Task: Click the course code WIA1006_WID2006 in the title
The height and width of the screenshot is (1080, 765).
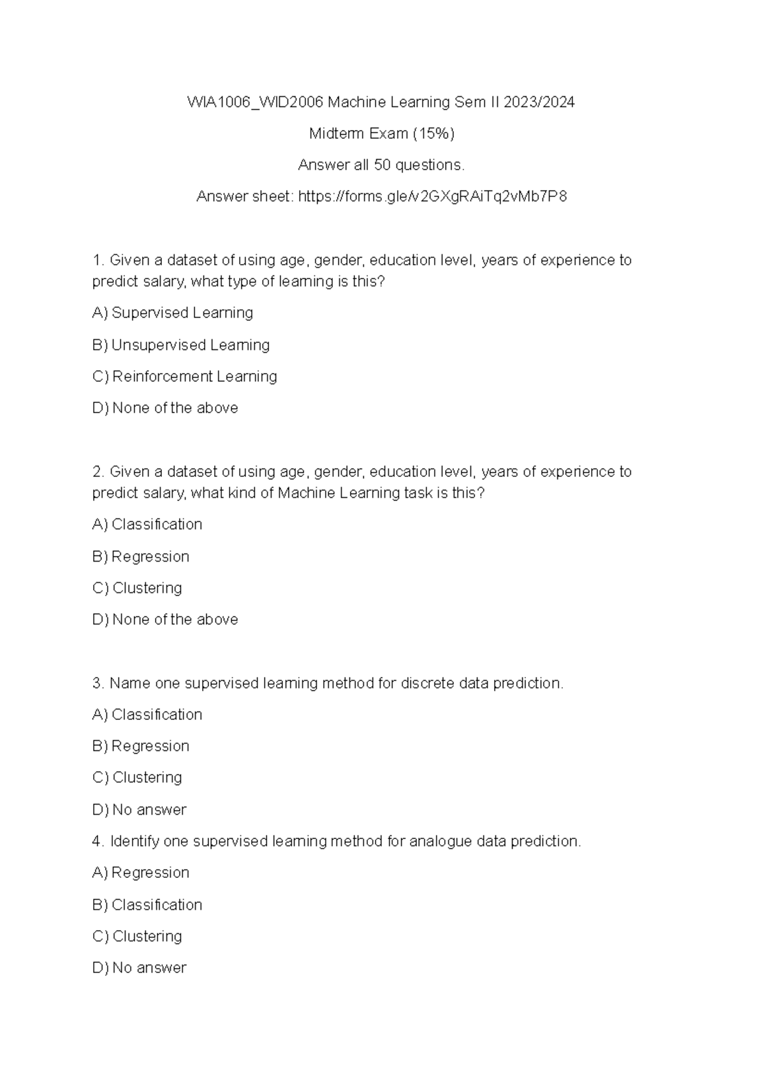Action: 256,102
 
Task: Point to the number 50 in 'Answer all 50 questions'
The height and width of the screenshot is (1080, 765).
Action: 382,165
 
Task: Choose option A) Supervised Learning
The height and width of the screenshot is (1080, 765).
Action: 173,313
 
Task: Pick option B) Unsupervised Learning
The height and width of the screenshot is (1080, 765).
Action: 181,345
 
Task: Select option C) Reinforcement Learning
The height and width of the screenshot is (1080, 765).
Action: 185,377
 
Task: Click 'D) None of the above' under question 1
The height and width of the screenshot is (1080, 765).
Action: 165,408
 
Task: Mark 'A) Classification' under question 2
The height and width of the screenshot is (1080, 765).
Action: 147,525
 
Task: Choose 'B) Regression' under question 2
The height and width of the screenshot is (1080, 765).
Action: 141,557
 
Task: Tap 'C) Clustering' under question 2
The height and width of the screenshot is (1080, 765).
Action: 137,588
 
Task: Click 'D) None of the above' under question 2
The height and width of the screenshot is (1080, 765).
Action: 165,620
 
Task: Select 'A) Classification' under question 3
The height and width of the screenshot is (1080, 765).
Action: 147,715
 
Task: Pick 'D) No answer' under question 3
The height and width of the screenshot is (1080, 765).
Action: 139,810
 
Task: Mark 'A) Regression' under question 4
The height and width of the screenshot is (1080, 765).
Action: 141,873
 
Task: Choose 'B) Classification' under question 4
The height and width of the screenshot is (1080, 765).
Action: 147,905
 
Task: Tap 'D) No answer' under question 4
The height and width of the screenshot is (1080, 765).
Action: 139,968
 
